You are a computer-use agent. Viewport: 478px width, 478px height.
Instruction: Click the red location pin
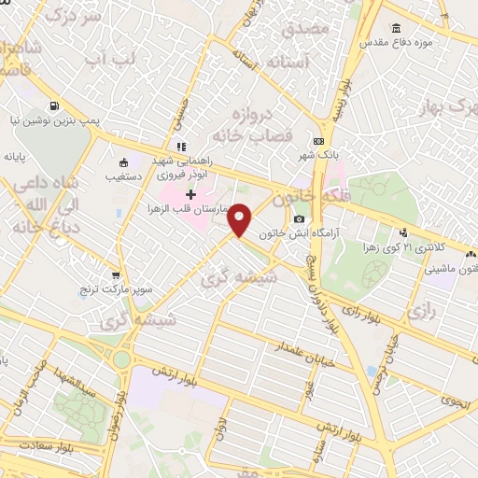point(240,218)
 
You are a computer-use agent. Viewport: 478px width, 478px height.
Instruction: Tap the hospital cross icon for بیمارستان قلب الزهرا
point(190,195)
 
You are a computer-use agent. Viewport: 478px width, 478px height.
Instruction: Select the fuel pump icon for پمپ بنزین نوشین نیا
point(58,105)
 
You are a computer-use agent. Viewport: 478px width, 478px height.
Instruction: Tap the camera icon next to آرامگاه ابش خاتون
point(299,218)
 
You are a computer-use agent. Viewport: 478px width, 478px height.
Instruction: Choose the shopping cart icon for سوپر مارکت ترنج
point(117,276)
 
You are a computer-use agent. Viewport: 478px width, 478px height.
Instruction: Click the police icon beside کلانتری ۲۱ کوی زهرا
point(403,232)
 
